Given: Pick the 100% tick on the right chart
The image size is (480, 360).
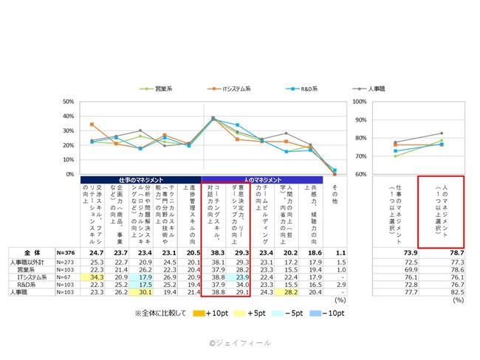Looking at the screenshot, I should pyautogui.click(x=361, y=102).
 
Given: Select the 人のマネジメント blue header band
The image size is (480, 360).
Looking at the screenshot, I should pyautogui.click(x=261, y=179).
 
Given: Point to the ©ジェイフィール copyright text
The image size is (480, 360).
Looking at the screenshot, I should pyautogui.click(x=239, y=343).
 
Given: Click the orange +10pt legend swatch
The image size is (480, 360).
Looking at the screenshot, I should pyautogui.click(x=194, y=315).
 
